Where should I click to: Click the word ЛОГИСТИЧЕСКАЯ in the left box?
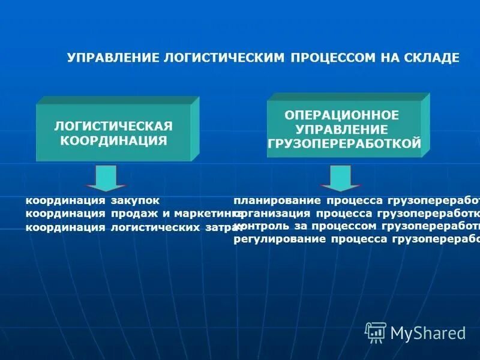[x=113, y=127]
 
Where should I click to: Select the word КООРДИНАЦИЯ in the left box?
[x=113, y=140]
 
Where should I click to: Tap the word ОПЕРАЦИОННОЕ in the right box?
[x=341, y=115]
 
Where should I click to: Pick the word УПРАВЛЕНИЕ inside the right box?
[x=341, y=129]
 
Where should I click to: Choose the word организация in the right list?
[x=274, y=214]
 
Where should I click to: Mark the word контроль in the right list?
[x=259, y=226]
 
